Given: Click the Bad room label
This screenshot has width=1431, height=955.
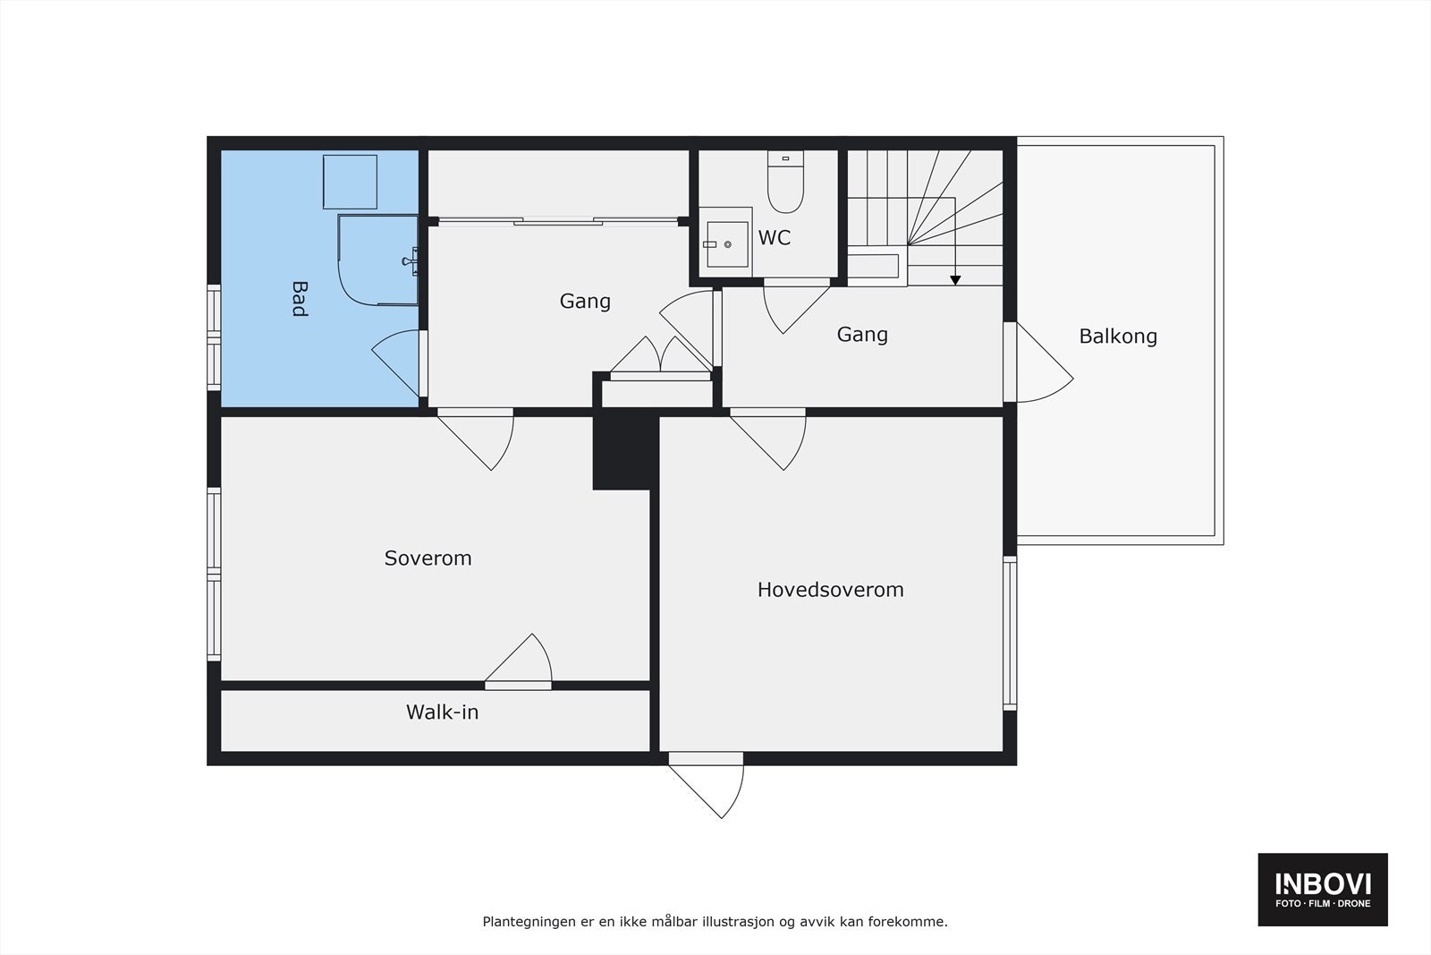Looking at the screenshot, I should tap(299, 299).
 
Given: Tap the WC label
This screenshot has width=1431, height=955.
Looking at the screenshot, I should tap(775, 238).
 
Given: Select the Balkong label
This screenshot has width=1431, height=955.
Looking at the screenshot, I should tap(1118, 337).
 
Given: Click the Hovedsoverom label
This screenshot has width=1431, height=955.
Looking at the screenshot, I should tap(830, 590).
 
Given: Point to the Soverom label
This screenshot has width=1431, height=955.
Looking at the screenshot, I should tap(428, 559).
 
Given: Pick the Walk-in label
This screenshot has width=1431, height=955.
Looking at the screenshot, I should tap(442, 712).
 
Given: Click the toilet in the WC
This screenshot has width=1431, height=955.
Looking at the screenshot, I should tap(785, 183).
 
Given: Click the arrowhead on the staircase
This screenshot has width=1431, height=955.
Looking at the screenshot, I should tap(955, 280).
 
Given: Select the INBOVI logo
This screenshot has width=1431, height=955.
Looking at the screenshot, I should tap(1323, 889).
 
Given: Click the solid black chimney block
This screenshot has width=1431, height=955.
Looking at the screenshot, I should tap(623, 450).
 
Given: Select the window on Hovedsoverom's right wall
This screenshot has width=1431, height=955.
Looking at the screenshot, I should tap(1010, 633).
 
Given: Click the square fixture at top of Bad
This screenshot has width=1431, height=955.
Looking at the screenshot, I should tap(350, 182).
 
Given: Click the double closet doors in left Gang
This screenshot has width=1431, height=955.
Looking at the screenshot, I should tap(660, 356).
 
